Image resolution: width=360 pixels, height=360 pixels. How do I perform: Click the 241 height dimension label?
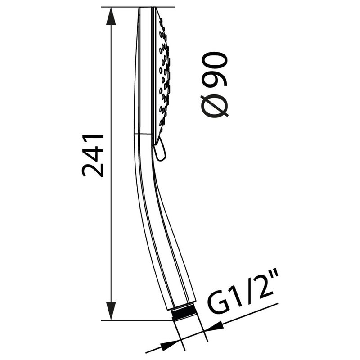[x=93, y=156]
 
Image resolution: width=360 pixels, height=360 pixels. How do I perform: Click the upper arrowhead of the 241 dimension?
[x=111, y=16]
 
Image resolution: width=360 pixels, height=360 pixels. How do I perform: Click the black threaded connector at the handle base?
[x=184, y=313]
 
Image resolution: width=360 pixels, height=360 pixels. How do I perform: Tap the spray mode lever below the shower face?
[x=160, y=149]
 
